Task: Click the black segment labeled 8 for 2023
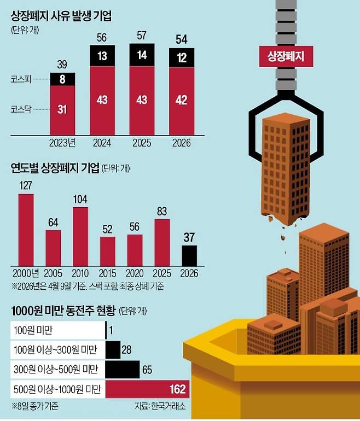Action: tap(62, 79)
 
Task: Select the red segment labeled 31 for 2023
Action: tap(62, 110)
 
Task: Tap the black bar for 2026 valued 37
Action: tap(189, 255)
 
